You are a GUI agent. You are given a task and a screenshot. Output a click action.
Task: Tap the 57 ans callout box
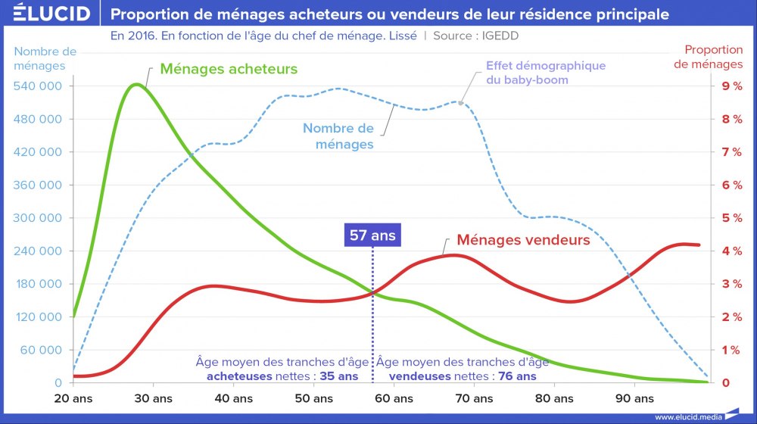(x=372, y=235)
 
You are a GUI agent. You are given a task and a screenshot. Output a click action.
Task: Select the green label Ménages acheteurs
(x=229, y=69)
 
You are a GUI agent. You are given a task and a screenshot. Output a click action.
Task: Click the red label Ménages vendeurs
(x=523, y=240)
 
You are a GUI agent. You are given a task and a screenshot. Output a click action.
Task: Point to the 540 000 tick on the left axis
(x=40, y=86)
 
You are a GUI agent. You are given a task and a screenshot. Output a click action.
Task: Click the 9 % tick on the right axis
(x=731, y=86)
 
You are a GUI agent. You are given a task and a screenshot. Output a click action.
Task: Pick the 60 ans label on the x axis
(x=393, y=398)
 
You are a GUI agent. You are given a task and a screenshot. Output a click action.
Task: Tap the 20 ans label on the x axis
(x=73, y=398)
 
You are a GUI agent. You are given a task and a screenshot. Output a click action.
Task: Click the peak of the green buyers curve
(x=136, y=84)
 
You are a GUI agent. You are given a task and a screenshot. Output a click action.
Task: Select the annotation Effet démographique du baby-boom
(x=546, y=72)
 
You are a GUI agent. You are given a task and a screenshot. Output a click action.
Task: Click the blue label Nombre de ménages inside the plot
(x=338, y=136)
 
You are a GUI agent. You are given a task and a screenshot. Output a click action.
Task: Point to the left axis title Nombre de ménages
(x=45, y=58)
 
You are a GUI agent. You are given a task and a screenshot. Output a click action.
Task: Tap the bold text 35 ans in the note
(x=338, y=376)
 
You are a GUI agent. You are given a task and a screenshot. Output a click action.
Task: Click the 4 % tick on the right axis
(x=731, y=251)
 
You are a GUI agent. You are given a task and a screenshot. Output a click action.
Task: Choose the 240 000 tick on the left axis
(x=40, y=251)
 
